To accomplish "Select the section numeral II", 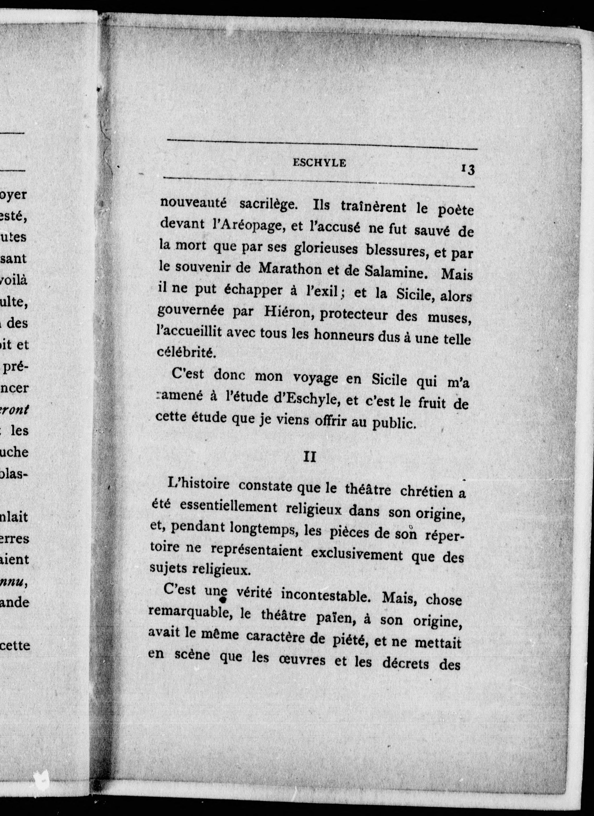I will tap(310, 458).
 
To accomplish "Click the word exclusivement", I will tap(357, 554).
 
